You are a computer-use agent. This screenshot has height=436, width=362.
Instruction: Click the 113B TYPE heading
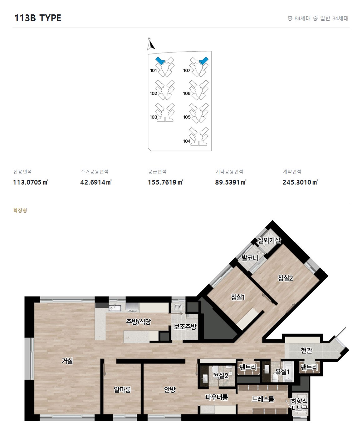[x=38, y=18]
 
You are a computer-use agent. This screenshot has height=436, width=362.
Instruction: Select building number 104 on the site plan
[x=187, y=141]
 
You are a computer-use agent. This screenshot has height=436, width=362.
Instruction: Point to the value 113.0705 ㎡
[x=31, y=182]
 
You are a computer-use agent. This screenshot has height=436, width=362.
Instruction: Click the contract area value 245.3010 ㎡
[x=300, y=182]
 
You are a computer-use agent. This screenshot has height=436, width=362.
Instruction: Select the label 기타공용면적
[x=229, y=172]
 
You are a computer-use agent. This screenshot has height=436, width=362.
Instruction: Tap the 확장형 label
[x=20, y=210]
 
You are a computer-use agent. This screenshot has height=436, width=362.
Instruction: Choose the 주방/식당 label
[x=138, y=322]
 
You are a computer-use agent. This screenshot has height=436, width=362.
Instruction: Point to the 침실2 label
[x=285, y=278]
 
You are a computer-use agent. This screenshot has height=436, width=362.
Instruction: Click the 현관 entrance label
[x=306, y=350]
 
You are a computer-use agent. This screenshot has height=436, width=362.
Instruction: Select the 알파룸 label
[x=122, y=389]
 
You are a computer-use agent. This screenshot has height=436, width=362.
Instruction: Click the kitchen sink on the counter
[x=115, y=308]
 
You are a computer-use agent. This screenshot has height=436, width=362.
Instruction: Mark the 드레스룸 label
[x=263, y=399]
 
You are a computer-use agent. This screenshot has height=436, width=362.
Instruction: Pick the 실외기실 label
[x=269, y=241]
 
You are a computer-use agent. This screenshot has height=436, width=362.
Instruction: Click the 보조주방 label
[x=185, y=327]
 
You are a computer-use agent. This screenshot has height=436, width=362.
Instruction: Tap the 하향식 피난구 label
[x=299, y=404]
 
